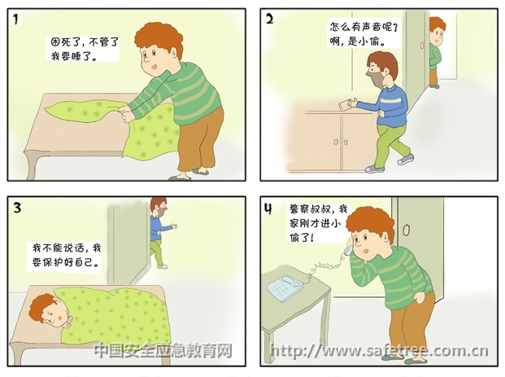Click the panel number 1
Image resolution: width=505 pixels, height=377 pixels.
[x=15, y=20]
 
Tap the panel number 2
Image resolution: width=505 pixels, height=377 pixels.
[x=269, y=19]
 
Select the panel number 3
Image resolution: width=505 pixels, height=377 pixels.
[x=17, y=208]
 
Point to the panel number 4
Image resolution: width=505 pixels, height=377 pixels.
[x=268, y=208]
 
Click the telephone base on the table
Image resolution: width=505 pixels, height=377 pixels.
[x=285, y=287]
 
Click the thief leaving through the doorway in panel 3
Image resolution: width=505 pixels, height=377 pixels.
[x=159, y=232]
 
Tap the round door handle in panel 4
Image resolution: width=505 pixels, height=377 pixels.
[x=407, y=230]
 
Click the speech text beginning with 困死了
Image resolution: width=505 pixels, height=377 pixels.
[x=85, y=49]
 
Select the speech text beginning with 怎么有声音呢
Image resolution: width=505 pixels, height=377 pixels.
[x=364, y=33]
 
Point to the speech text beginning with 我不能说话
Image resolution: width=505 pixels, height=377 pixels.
[x=67, y=254]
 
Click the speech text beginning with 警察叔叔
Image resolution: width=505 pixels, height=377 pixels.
[x=318, y=223]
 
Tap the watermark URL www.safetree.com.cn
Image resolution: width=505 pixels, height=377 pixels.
[x=379, y=351]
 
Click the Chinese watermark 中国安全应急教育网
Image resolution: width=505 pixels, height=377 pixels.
[x=163, y=351]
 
